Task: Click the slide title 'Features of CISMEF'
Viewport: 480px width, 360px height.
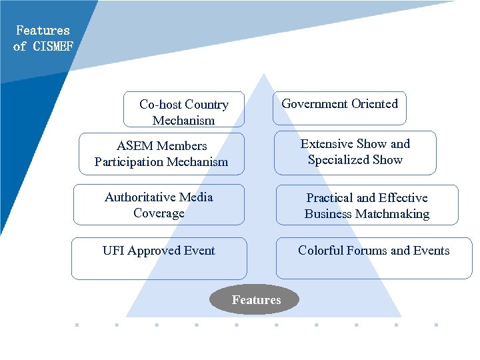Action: tap(43, 38)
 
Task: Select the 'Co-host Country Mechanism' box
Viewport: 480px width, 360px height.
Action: tap(184, 110)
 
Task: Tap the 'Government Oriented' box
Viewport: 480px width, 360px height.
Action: tap(339, 108)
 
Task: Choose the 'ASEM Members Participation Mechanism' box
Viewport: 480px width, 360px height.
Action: tap(161, 153)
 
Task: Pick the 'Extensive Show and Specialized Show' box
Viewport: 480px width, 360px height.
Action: tap(355, 152)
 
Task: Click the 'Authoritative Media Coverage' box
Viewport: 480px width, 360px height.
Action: tap(159, 205)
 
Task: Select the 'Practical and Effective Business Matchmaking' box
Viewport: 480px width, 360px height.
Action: tap(367, 205)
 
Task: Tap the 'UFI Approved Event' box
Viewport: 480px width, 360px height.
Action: tap(159, 258)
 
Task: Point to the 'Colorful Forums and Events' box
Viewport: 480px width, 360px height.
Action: tap(373, 257)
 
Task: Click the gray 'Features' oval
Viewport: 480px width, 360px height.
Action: tap(256, 300)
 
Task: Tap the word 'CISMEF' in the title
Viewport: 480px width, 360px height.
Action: tap(53, 46)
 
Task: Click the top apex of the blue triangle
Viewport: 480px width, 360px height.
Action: tap(265, 74)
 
